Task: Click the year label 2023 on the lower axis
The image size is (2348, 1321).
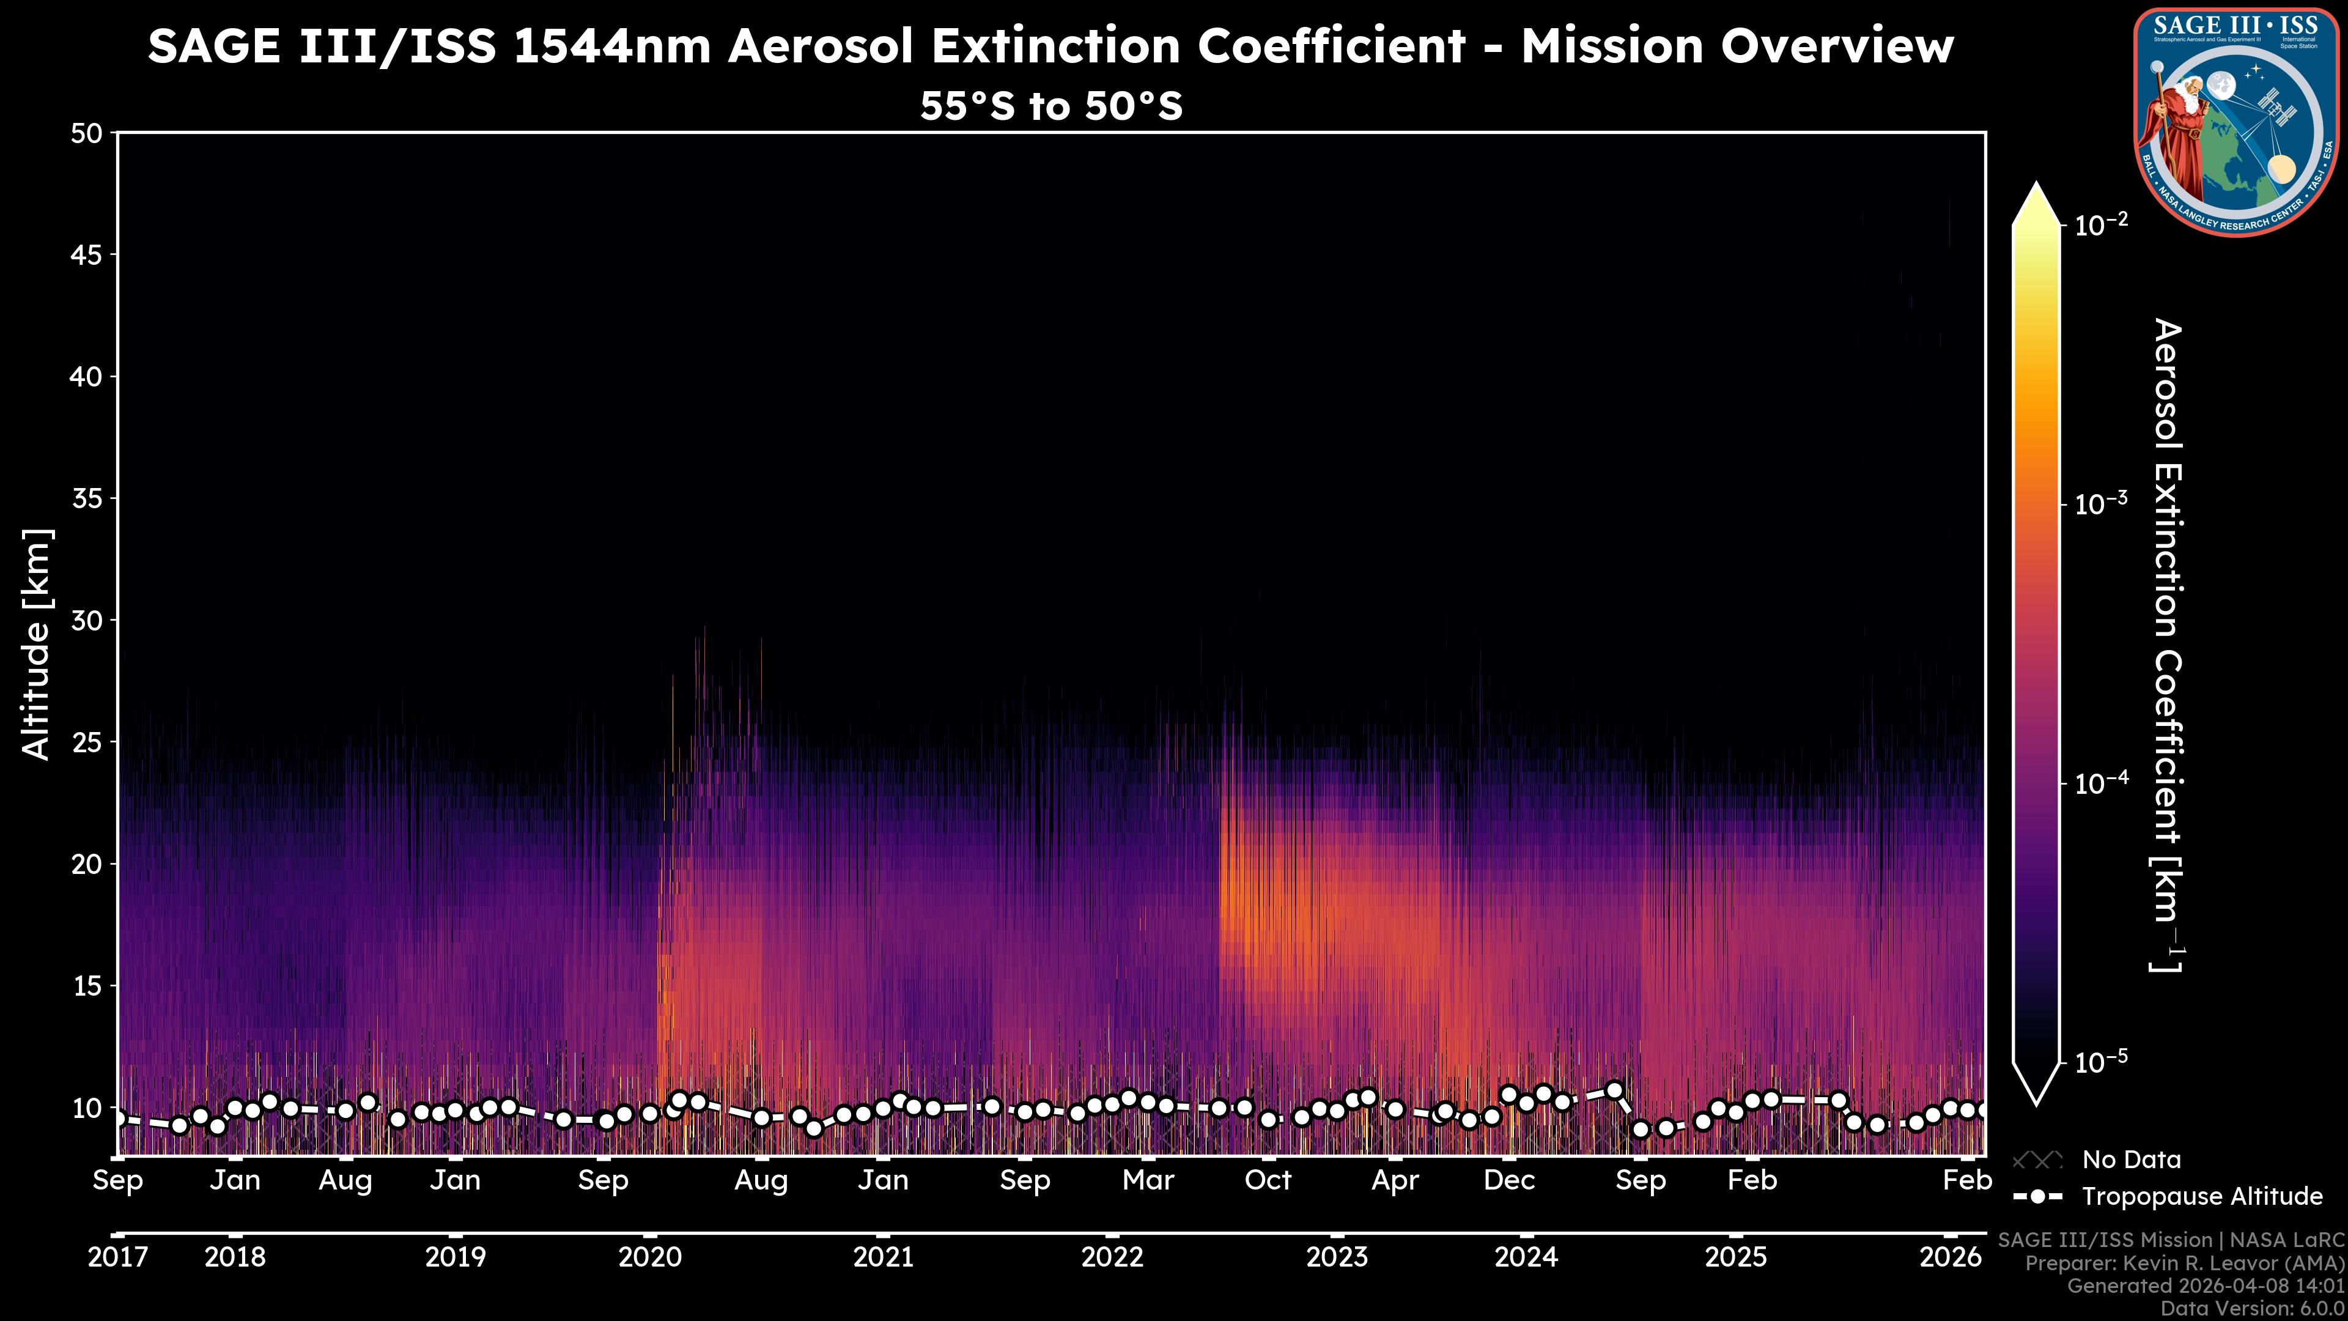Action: click(1336, 1257)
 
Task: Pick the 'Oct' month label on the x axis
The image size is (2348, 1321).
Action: click(1268, 1180)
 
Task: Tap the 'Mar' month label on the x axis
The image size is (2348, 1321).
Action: click(1148, 1180)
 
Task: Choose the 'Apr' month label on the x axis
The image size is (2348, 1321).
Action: click(1395, 1180)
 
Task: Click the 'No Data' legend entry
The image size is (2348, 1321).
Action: click(2131, 1160)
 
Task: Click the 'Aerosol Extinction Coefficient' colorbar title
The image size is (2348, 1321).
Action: click(2168, 645)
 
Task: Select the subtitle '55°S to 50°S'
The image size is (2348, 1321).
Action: click(1051, 106)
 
